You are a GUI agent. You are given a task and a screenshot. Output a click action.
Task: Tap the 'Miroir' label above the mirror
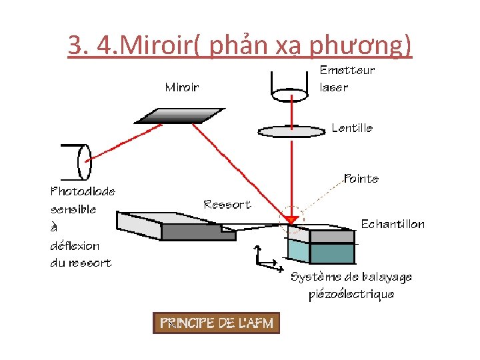(x=181, y=87)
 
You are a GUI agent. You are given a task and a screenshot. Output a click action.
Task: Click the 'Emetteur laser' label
(x=347, y=79)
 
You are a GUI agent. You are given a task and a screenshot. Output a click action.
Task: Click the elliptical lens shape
(x=291, y=131)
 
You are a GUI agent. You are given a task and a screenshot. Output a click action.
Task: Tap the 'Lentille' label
(x=352, y=128)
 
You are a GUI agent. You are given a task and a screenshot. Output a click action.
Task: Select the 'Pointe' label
(x=361, y=179)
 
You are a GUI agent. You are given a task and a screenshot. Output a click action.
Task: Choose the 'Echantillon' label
(x=392, y=224)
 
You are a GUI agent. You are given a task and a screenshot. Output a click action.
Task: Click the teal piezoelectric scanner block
(x=321, y=252)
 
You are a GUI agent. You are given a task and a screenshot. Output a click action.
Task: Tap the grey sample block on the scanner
(x=323, y=234)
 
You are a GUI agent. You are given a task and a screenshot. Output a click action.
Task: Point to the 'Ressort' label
(x=227, y=204)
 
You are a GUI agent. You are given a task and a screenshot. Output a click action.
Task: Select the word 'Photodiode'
(x=83, y=191)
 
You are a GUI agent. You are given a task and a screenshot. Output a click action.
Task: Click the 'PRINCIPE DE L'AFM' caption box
(x=216, y=323)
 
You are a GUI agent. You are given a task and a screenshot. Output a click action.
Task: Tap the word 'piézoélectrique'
(x=351, y=294)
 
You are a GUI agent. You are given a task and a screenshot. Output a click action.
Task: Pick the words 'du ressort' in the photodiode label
(x=81, y=263)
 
